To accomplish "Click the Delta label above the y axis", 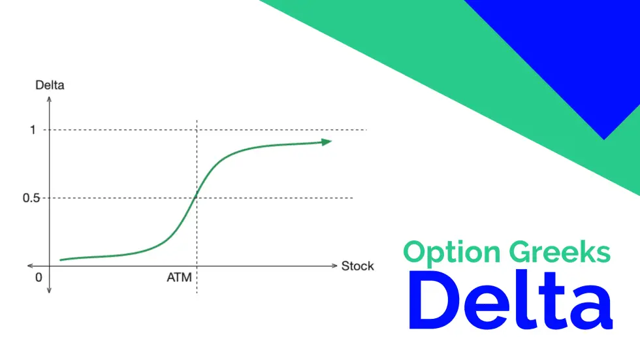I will coord(50,85).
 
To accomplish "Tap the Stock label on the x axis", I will coord(357,266).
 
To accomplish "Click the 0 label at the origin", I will coord(39,278).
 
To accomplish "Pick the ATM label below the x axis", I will coord(179,278).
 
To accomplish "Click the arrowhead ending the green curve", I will coord(326,141).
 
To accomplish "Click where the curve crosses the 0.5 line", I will coord(197,198).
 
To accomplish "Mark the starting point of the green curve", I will coord(59,260).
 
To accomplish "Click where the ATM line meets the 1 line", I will coord(197,129).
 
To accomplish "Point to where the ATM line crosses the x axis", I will coord(197,266).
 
